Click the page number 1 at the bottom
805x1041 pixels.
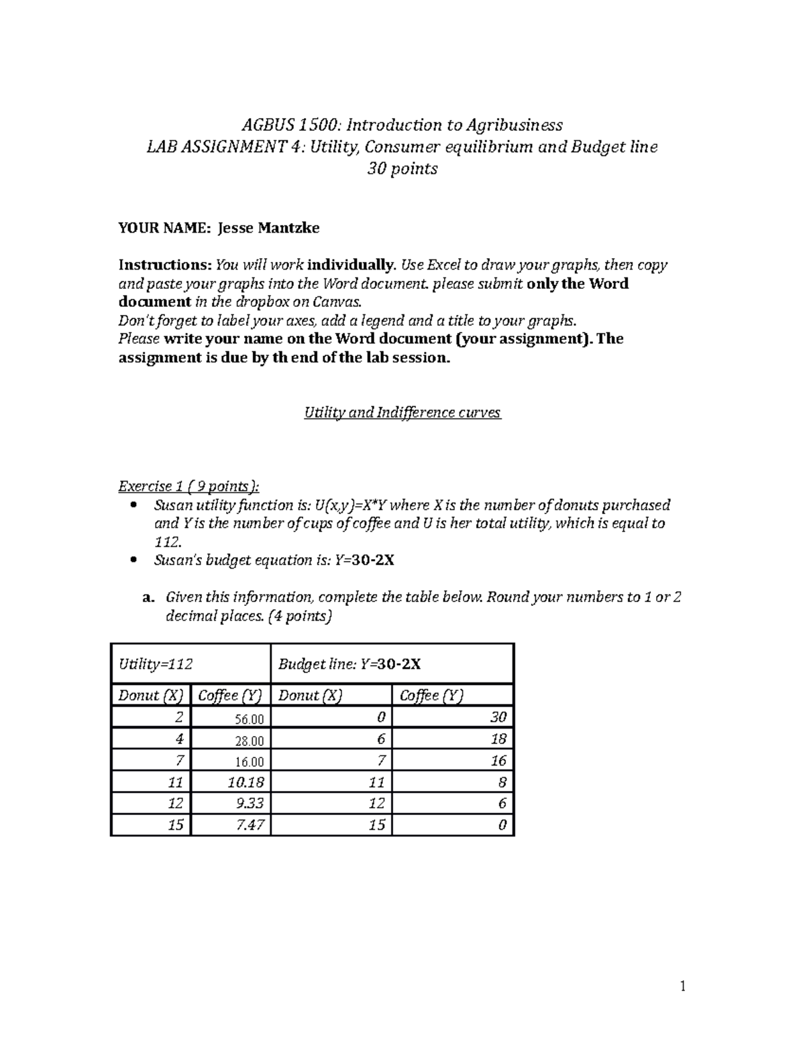click(x=683, y=986)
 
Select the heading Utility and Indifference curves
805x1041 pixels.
click(x=402, y=413)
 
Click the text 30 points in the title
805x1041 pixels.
click(x=402, y=169)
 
